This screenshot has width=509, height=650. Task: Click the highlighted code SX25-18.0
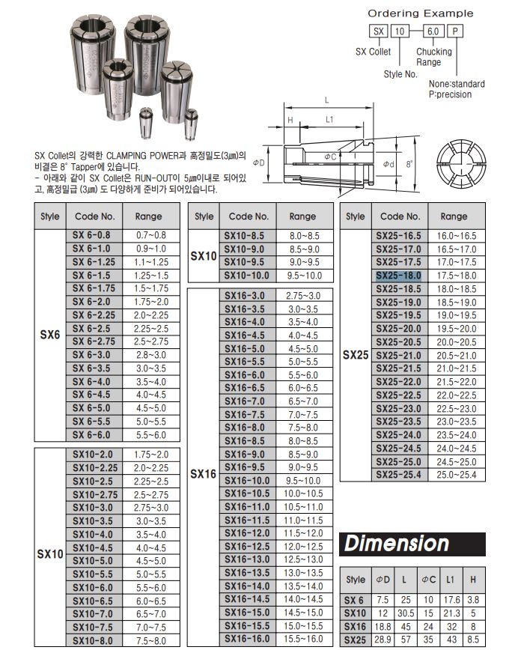pyautogui.click(x=398, y=276)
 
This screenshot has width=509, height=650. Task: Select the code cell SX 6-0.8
pyautogui.click(x=94, y=235)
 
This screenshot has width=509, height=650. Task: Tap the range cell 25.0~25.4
pyautogui.click(x=457, y=475)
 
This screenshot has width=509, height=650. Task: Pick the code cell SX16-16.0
pyautogui.click(x=247, y=639)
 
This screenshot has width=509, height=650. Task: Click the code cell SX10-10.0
pyautogui.click(x=247, y=276)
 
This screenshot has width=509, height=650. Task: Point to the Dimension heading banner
pyautogui.click(x=412, y=544)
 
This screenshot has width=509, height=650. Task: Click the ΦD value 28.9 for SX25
pyautogui.click(x=382, y=640)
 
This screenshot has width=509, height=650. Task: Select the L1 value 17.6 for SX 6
pyautogui.click(x=451, y=600)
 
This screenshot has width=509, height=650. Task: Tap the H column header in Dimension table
pyautogui.click(x=473, y=580)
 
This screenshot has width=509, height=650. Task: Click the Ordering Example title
pyautogui.click(x=420, y=13)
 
